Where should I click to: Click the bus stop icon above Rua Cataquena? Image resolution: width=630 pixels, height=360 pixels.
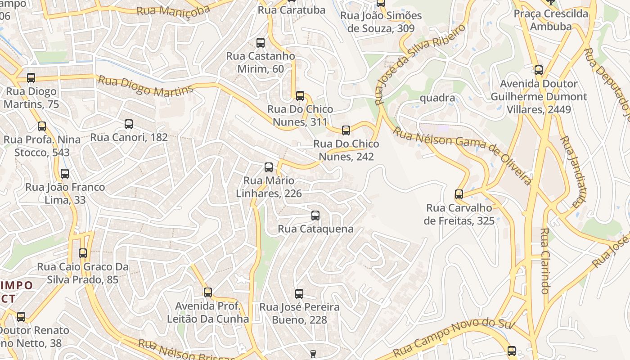pos(315,216)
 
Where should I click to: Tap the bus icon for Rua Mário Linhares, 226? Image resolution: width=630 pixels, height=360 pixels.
pos(269,167)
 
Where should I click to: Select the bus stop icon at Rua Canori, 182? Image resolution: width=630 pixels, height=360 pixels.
pos(129,124)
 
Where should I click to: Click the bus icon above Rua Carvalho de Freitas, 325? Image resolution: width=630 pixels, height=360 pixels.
pos(459,194)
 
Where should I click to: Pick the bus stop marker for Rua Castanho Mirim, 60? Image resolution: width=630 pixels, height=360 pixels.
pos(261,43)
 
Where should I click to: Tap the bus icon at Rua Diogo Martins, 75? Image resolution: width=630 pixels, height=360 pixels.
pos(31,78)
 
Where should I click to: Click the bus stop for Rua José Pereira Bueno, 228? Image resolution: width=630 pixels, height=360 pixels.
pos(299,294)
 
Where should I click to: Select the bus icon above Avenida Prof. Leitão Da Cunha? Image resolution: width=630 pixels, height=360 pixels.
pos(207,292)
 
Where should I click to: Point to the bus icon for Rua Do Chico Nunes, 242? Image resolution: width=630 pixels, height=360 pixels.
pos(346,130)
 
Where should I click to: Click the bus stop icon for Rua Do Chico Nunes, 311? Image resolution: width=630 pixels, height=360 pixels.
pos(300,96)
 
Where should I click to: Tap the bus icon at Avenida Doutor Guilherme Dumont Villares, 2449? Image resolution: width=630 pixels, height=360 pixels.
pos(539,70)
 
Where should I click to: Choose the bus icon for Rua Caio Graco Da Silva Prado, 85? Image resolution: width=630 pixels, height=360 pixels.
pos(83,253)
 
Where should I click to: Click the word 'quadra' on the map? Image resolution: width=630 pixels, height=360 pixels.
pos(437,98)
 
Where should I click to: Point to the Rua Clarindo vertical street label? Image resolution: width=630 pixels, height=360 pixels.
pos(545,261)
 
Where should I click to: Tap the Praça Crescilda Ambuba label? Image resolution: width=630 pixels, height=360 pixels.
pos(551,20)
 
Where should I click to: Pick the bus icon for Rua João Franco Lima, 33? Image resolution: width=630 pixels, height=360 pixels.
pos(65,174)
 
